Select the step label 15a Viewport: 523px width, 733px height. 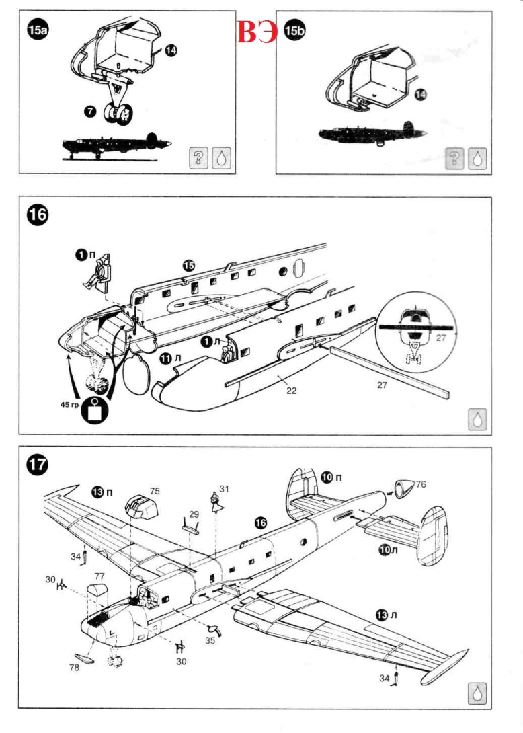[x=38, y=31]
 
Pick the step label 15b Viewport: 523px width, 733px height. [x=294, y=31]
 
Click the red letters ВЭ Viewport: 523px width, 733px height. [x=257, y=32]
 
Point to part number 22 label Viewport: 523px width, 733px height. [x=291, y=389]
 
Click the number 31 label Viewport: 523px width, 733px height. [x=224, y=490]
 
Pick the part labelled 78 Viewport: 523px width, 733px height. [x=84, y=658]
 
